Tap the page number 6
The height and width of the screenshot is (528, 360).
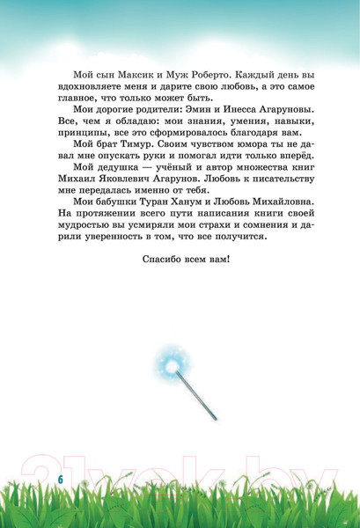[62, 476]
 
